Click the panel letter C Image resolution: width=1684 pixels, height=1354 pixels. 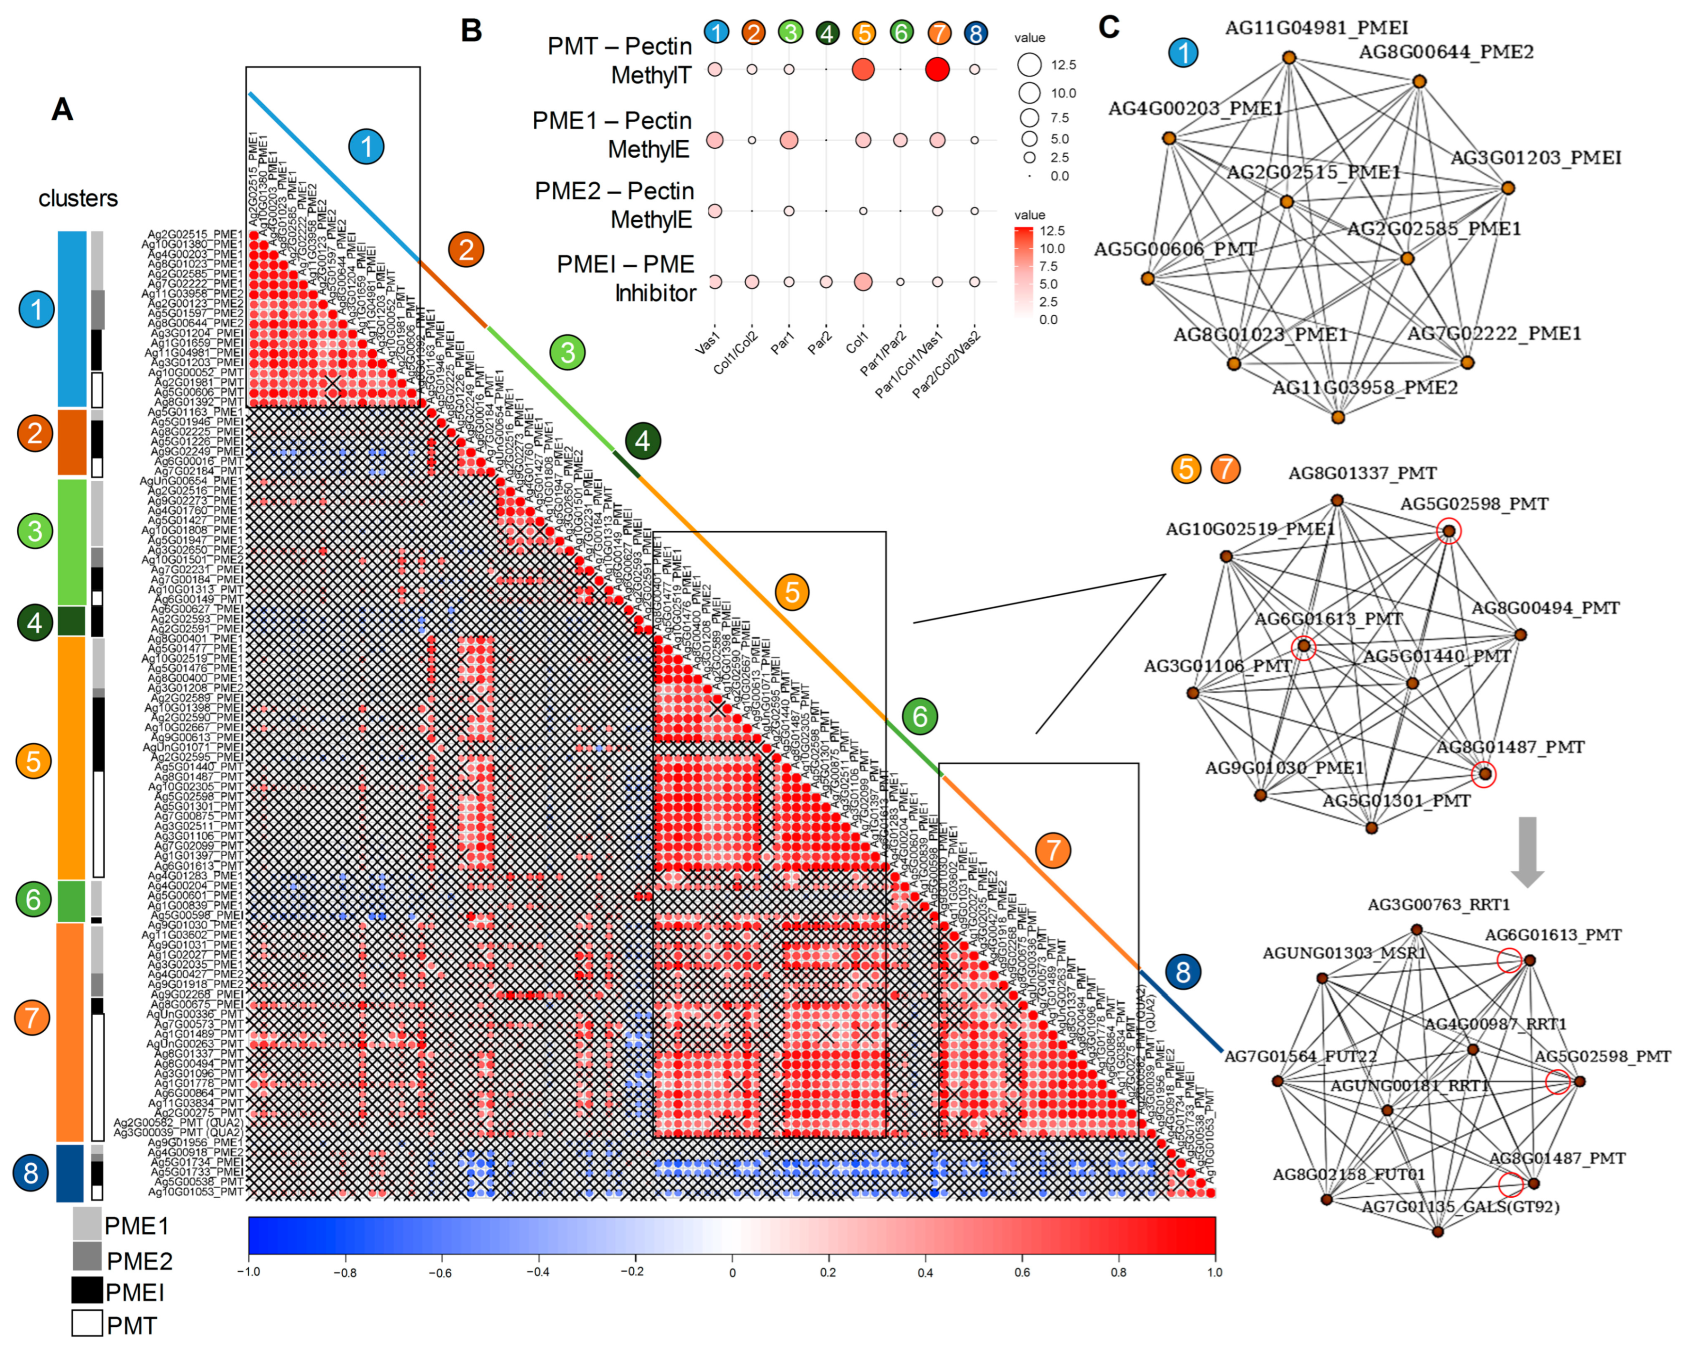pos(1108,27)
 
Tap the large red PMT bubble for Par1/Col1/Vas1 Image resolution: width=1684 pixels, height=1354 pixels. pos(937,69)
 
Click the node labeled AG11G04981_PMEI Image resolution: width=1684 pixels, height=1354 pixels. pos(1290,58)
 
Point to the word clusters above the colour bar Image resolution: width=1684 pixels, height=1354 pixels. pos(78,198)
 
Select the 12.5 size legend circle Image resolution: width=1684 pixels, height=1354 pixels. pos(1029,65)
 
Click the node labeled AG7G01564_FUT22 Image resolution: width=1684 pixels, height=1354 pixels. pos(1278,1081)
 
